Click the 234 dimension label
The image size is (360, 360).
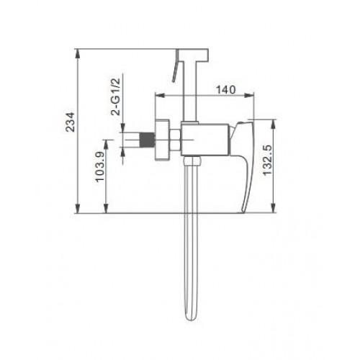point(71,122)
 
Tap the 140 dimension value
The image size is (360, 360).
point(226,90)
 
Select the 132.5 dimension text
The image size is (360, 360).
point(268,161)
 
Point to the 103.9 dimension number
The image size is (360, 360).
point(100,166)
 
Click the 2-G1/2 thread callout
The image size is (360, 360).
point(115,96)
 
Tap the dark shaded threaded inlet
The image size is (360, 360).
point(148,140)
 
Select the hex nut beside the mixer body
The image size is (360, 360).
point(175,140)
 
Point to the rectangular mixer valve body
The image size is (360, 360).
point(204,140)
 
